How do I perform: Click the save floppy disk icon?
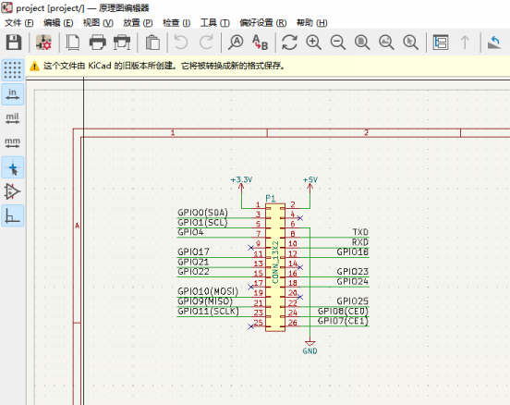[13, 43]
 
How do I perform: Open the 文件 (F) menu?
[19, 23]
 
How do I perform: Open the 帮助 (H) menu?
[312, 23]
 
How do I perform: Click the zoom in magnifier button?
[313, 43]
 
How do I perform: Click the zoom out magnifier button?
[338, 43]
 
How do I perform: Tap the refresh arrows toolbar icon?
[289, 43]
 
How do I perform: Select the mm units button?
[12, 142]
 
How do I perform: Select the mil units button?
[12, 118]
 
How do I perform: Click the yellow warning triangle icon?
[34, 67]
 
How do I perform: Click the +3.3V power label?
[241, 179]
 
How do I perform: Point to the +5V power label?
[310, 179]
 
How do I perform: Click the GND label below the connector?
[310, 351]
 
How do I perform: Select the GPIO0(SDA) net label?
[202, 213]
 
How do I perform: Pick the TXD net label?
[360, 232]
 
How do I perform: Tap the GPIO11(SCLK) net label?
[208, 312]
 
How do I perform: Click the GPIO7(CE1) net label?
[343, 321]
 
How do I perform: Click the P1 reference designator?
[271, 198]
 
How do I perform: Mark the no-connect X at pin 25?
[250, 326]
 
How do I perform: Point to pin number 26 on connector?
[293, 323]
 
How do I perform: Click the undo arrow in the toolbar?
[181, 43]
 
